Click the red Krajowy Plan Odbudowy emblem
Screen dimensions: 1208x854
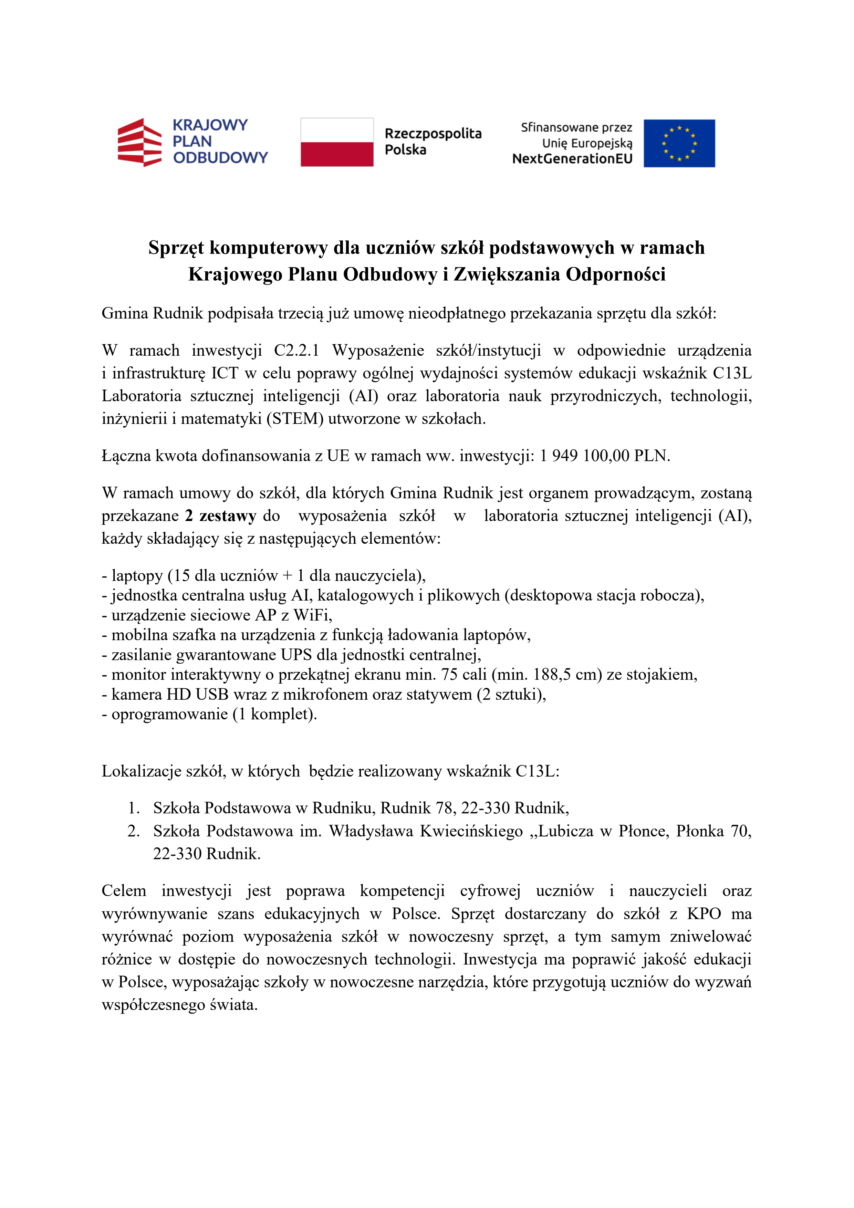pos(139,142)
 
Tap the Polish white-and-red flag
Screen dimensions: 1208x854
pos(337,142)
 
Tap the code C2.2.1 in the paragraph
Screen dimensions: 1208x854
pos(296,351)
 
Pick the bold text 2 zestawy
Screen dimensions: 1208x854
pos(220,516)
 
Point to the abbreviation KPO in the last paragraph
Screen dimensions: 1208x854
pos(704,914)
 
